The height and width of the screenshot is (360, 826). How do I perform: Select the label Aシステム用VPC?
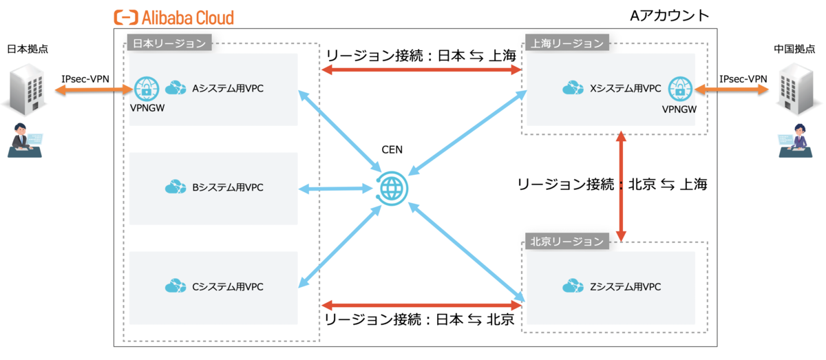point(228,89)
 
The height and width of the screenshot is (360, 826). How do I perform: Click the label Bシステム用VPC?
point(228,187)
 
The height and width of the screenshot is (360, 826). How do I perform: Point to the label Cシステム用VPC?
point(228,286)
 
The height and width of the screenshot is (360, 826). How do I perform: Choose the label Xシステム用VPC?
point(626,89)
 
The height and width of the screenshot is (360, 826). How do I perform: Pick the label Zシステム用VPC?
point(626,286)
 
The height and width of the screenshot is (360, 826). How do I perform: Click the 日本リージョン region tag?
point(169,43)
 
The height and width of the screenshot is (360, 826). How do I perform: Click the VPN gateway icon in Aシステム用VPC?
point(145,88)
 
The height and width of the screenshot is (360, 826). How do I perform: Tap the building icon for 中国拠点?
point(798,89)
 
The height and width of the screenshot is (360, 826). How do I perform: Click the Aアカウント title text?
point(669,16)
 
